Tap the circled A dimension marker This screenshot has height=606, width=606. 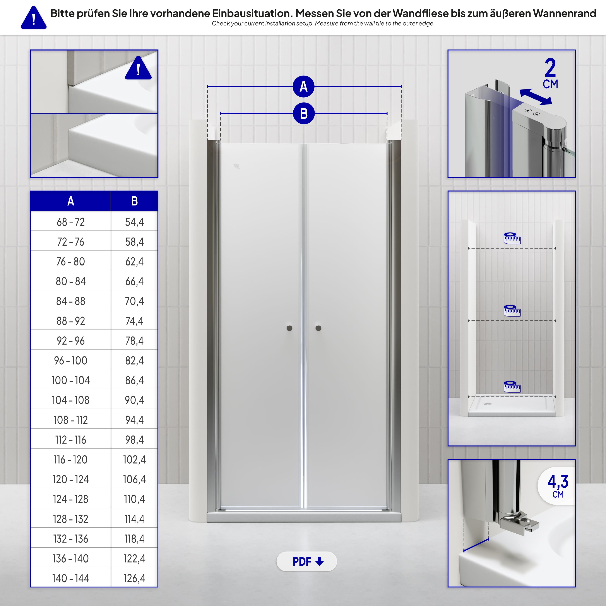coord(303,87)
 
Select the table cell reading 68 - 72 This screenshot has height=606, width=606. coord(71,222)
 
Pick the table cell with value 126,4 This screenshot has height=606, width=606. coord(134,578)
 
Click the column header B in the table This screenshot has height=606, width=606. coord(134,201)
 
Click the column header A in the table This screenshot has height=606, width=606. coord(71,201)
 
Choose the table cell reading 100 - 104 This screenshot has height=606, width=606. coord(71,380)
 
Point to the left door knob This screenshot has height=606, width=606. coord(289,328)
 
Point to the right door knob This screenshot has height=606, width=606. coord(318,328)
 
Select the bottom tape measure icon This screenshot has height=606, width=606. coord(512,386)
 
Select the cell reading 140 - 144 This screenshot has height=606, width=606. coord(71,578)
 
